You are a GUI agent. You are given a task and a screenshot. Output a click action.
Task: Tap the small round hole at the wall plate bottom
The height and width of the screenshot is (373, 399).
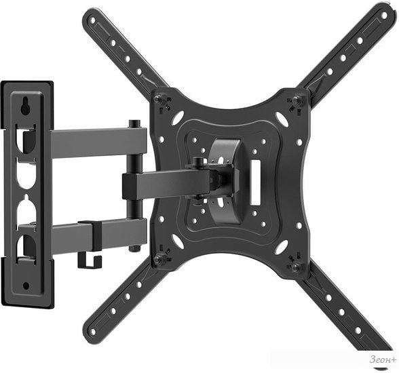point(26,286)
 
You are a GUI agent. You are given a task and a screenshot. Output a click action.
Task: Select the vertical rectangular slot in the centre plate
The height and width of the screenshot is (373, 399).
point(254,182)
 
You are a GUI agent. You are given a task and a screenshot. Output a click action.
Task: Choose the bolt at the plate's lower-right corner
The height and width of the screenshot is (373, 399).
point(296,267)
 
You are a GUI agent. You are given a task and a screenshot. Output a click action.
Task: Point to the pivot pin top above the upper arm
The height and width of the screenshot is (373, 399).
point(135,124)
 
